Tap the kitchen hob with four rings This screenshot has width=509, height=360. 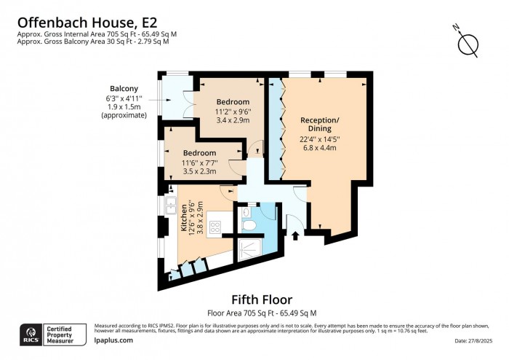pos(216,227)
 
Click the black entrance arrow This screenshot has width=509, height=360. pos(295,235)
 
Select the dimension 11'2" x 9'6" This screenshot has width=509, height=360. pos(233,111)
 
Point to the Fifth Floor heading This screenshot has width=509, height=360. pos(262,300)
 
